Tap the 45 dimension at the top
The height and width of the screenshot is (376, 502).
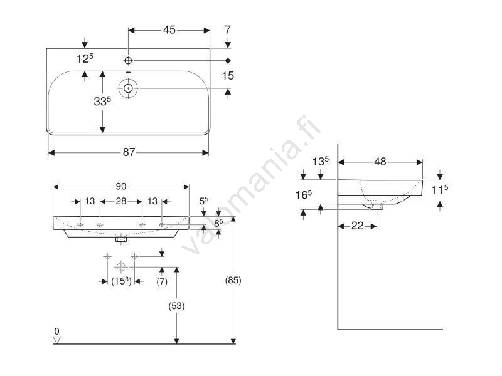tap(169, 29)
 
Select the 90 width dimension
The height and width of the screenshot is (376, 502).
tap(121, 186)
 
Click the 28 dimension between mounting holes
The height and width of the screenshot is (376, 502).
tap(120, 201)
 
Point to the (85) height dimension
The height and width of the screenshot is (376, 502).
tap(233, 281)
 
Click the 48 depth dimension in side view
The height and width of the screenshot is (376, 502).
tap(380, 162)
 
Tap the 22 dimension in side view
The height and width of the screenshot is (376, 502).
tap(357, 226)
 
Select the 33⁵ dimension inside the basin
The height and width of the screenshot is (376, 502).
tap(102, 101)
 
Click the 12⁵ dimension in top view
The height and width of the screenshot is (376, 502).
tap(85, 58)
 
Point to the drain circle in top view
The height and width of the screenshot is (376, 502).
tap(128, 89)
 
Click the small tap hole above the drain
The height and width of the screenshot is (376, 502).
tap(128, 61)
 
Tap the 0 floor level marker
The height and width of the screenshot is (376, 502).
tap(56, 332)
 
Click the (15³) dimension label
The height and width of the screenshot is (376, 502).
tap(121, 282)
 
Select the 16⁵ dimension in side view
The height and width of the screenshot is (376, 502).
tap(304, 195)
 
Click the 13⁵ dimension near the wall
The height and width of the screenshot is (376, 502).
tap(321, 161)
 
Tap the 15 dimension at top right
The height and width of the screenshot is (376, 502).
tap(228, 75)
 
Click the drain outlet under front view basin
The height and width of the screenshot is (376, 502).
tap(122, 238)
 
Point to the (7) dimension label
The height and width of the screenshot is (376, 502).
tap(162, 282)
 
